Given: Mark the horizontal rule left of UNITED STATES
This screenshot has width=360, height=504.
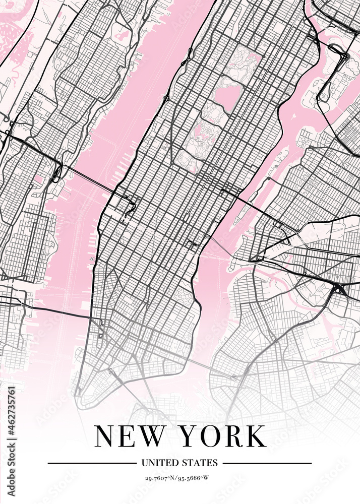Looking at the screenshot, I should tap(91, 463).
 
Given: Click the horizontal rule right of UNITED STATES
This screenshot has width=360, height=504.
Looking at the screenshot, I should tap(267, 463).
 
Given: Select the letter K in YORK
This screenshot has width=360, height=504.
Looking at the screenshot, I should tap(255, 436).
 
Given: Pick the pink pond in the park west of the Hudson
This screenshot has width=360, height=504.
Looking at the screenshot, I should tap(123, 35).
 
